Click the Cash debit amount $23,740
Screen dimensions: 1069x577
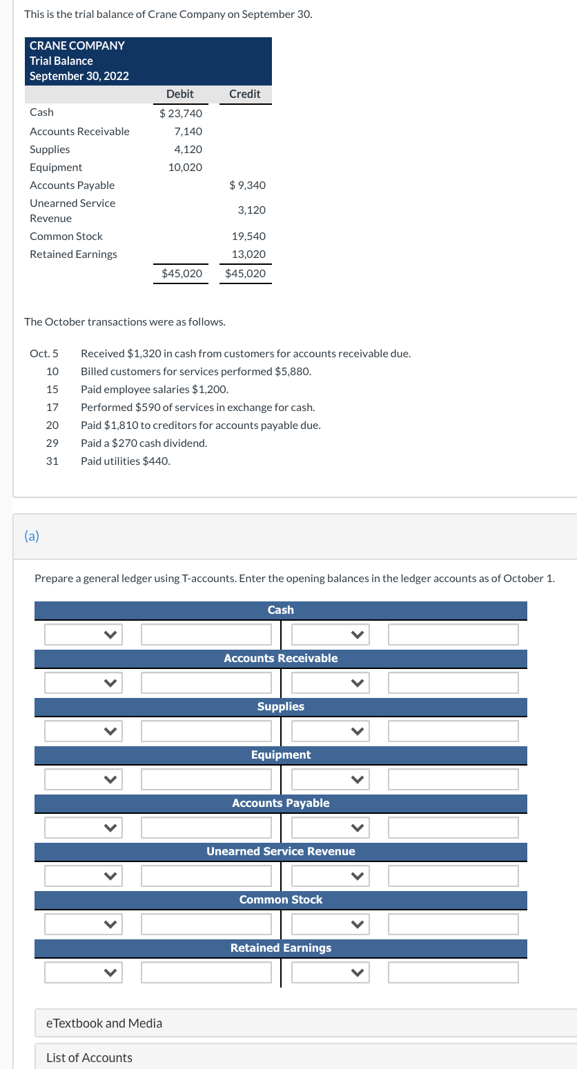[x=181, y=113]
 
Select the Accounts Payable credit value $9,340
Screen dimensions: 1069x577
[x=247, y=185]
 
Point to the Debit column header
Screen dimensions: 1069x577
[x=180, y=94]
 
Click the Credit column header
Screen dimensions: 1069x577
[x=244, y=94]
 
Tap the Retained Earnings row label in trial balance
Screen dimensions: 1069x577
[x=73, y=254]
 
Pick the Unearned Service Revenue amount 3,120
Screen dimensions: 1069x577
[x=251, y=210]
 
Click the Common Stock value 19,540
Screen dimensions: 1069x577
[x=248, y=236]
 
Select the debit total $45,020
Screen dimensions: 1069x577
[x=182, y=273]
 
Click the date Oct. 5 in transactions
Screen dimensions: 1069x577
[x=44, y=353]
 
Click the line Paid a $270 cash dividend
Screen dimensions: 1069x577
[x=144, y=443]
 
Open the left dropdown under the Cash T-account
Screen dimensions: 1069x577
[x=84, y=635]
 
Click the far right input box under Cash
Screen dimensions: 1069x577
[x=453, y=635]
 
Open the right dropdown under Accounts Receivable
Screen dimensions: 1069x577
[x=330, y=683]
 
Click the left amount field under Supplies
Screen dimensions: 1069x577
[x=206, y=731]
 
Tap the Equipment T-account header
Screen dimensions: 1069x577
[x=280, y=755]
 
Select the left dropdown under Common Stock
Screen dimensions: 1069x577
[x=84, y=924]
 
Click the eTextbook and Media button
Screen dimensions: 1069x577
[x=104, y=1023]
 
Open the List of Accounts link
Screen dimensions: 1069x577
[x=89, y=1057]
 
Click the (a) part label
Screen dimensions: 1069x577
[x=31, y=535]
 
